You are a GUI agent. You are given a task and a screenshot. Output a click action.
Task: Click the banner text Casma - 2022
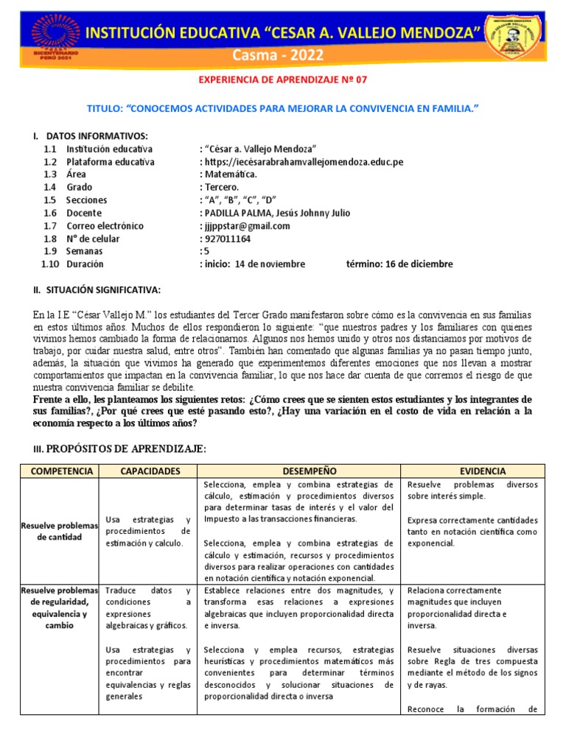283,57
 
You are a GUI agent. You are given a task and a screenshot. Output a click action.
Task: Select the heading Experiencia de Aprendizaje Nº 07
283,83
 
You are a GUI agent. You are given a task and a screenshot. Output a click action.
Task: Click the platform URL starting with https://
303,162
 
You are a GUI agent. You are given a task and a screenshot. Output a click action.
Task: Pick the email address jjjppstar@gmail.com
246,226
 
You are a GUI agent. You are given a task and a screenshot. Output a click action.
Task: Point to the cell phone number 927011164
225,239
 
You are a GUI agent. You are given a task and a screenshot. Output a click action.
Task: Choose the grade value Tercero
221,187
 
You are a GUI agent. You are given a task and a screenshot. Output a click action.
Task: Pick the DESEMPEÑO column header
298,471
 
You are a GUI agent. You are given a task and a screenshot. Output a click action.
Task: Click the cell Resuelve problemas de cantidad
58,531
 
